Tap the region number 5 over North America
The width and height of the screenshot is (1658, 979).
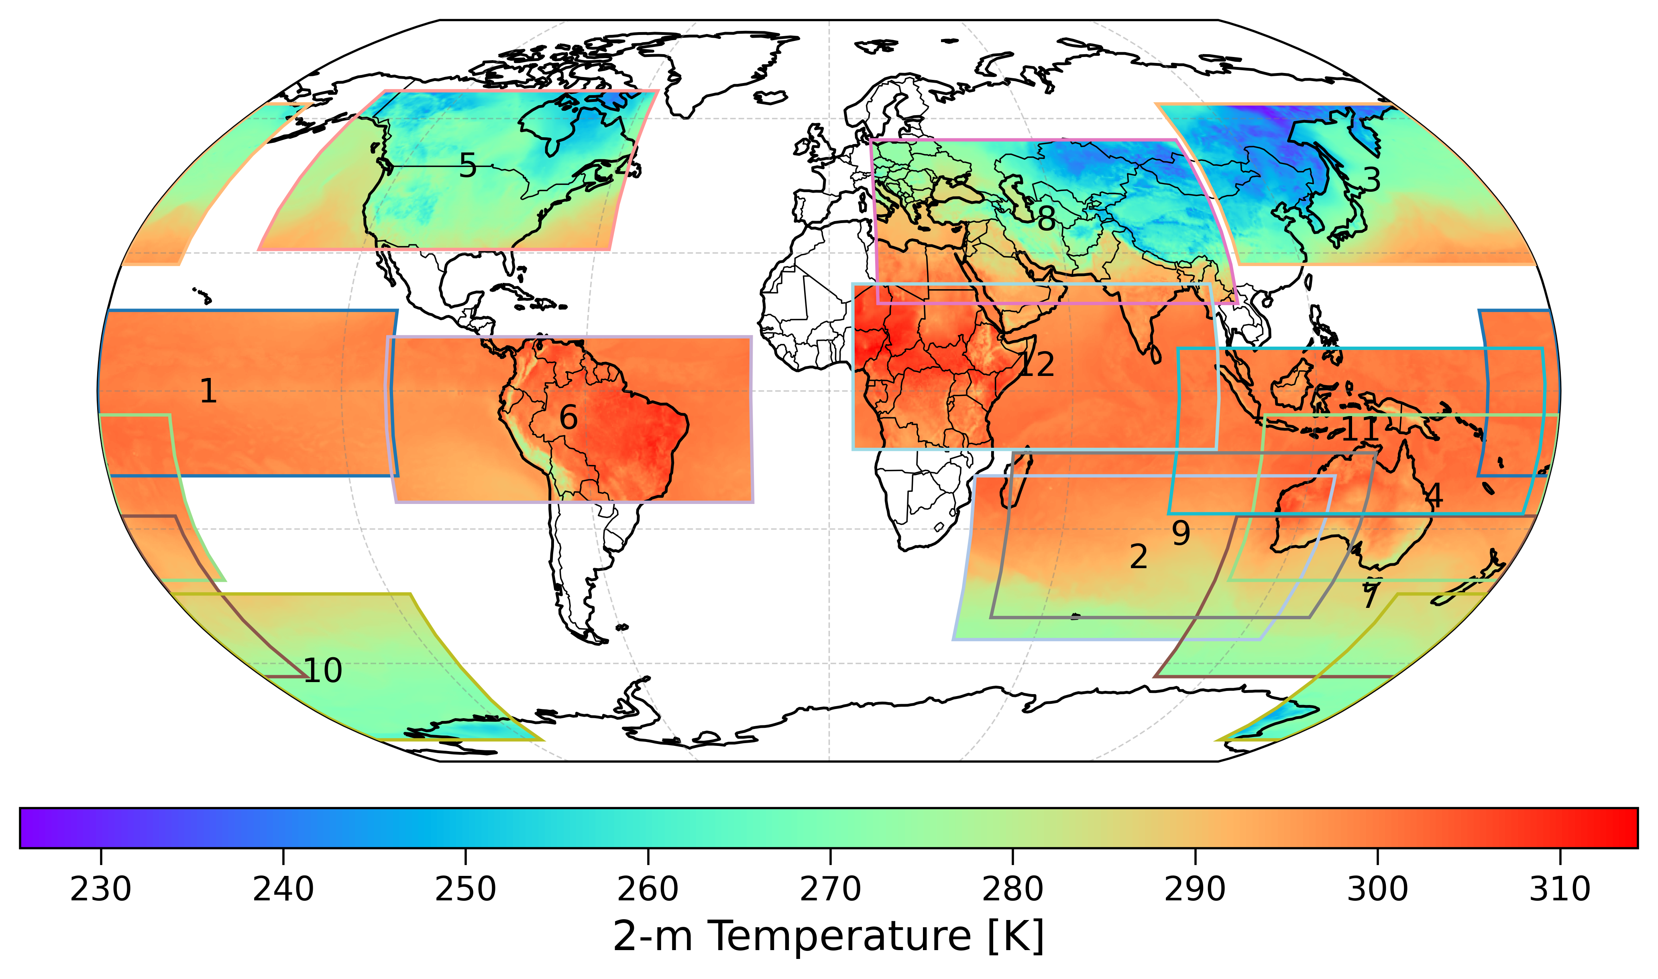(x=468, y=166)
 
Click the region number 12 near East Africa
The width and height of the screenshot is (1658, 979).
(x=1038, y=365)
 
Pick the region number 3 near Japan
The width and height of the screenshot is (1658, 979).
(x=1371, y=179)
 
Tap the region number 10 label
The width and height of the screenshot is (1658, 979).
(x=323, y=671)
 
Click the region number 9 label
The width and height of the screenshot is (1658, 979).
(x=1181, y=533)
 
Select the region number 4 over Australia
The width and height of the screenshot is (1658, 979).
(x=1434, y=496)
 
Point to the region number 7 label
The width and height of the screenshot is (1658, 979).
(x=1370, y=597)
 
